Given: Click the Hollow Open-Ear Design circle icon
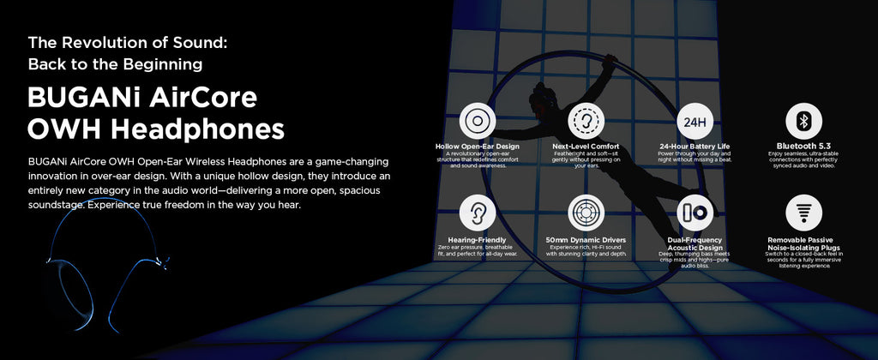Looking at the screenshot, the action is [477, 121].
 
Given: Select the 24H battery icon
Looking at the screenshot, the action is [695, 121].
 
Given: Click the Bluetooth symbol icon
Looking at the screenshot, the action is [803, 121].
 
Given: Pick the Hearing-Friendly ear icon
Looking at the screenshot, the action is [477, 213].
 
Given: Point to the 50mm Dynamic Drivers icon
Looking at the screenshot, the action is [586, 213].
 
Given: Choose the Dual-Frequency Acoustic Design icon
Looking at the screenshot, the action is [695, 213].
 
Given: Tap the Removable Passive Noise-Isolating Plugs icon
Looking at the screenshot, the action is [803, 213].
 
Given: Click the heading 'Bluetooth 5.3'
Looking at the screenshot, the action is [803, 146].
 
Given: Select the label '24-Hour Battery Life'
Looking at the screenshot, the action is [695, 147].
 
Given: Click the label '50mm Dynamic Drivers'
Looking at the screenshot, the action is [586, 240].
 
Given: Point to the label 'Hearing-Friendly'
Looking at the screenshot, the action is [477, 240].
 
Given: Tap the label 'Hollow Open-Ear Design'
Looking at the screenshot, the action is [477, 147].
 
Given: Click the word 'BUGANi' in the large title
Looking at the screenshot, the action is [84, 98].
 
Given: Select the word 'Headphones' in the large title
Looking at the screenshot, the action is [197, 129].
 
